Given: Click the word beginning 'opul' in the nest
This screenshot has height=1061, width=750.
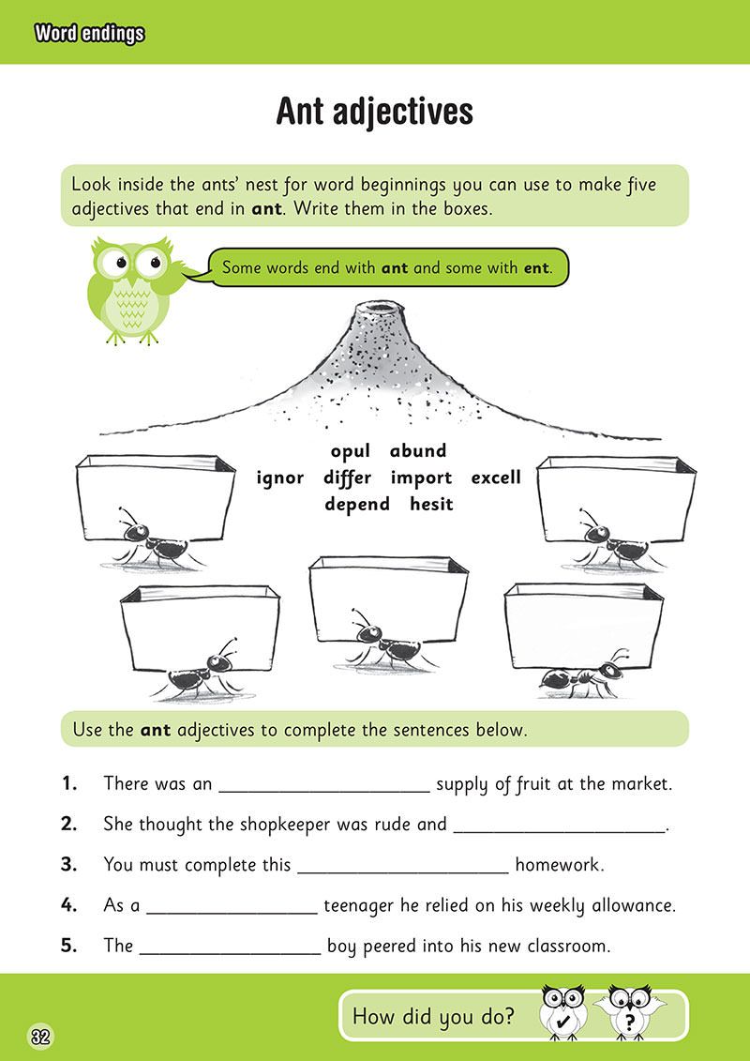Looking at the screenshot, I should [x=352, y=452].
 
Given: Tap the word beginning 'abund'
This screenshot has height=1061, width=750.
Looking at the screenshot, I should [x=418, y=451].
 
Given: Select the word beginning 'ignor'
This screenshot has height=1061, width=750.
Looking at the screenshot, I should [x=279, y=477].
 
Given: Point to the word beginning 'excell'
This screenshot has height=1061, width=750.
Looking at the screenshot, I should [x=495, y=477].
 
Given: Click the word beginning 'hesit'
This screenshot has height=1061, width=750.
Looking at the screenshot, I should [x=431, y=504].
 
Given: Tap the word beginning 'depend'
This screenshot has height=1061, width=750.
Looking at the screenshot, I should [x=357, y=505].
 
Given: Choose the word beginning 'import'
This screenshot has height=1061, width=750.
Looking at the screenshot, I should [x=421, y=478].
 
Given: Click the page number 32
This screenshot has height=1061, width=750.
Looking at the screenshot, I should [x=40, y=1037].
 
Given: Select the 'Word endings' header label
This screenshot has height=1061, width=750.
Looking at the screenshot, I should [x=88, y=35].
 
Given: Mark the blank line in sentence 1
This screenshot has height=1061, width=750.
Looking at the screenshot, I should [x=323, y=789].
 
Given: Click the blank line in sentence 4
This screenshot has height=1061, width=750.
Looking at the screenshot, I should [x=232, y=913].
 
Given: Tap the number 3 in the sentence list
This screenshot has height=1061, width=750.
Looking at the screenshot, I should [x=68, y=864].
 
